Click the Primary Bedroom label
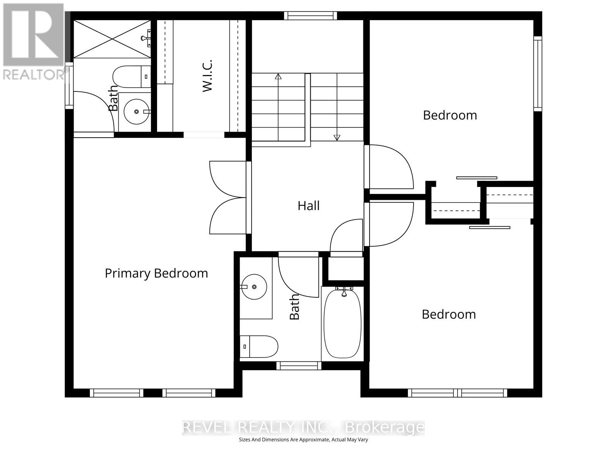pos(156,273)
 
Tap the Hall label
pos(308,206)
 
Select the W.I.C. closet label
pos(207,75)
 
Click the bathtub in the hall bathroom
pos(343,323)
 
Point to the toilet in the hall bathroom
pos(259,346)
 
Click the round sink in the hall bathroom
pos(254,287)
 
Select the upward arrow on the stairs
pos(278,76)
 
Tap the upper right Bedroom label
pos(450,115)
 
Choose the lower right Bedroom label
pos(449,314)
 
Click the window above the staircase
pos(310,16)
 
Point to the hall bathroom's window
pos(299,366)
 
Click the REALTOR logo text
pos(34,74)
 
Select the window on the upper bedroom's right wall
pos(538,74)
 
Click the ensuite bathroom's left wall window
pos(69,85)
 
